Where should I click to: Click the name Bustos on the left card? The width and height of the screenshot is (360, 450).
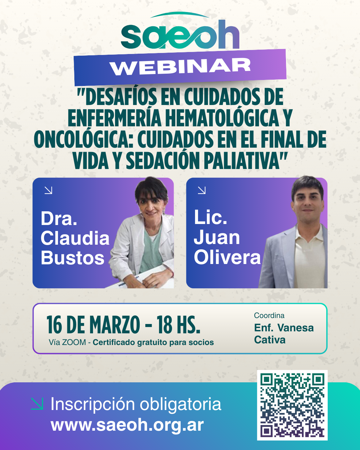tap(73, 258)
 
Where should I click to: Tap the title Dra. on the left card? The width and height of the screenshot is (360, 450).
tap(59, 219)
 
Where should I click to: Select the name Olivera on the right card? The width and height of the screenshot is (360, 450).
tap(227, 257)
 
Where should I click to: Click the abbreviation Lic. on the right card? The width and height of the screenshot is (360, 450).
tap(210, 217)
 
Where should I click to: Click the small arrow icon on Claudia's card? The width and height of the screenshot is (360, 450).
tap(49, 190)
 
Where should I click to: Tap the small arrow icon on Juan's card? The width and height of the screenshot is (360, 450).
tap(202, 190)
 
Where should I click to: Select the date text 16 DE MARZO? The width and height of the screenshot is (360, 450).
tap(93, 325)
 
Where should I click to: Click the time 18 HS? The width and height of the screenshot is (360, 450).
tap(178, 325)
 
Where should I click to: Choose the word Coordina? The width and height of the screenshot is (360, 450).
tap(269, 315)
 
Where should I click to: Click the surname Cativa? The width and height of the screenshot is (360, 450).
tap(270, 340)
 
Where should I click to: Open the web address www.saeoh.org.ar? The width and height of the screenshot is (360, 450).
tap(127, 425)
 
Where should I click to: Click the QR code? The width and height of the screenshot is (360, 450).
tap(292, 405)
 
